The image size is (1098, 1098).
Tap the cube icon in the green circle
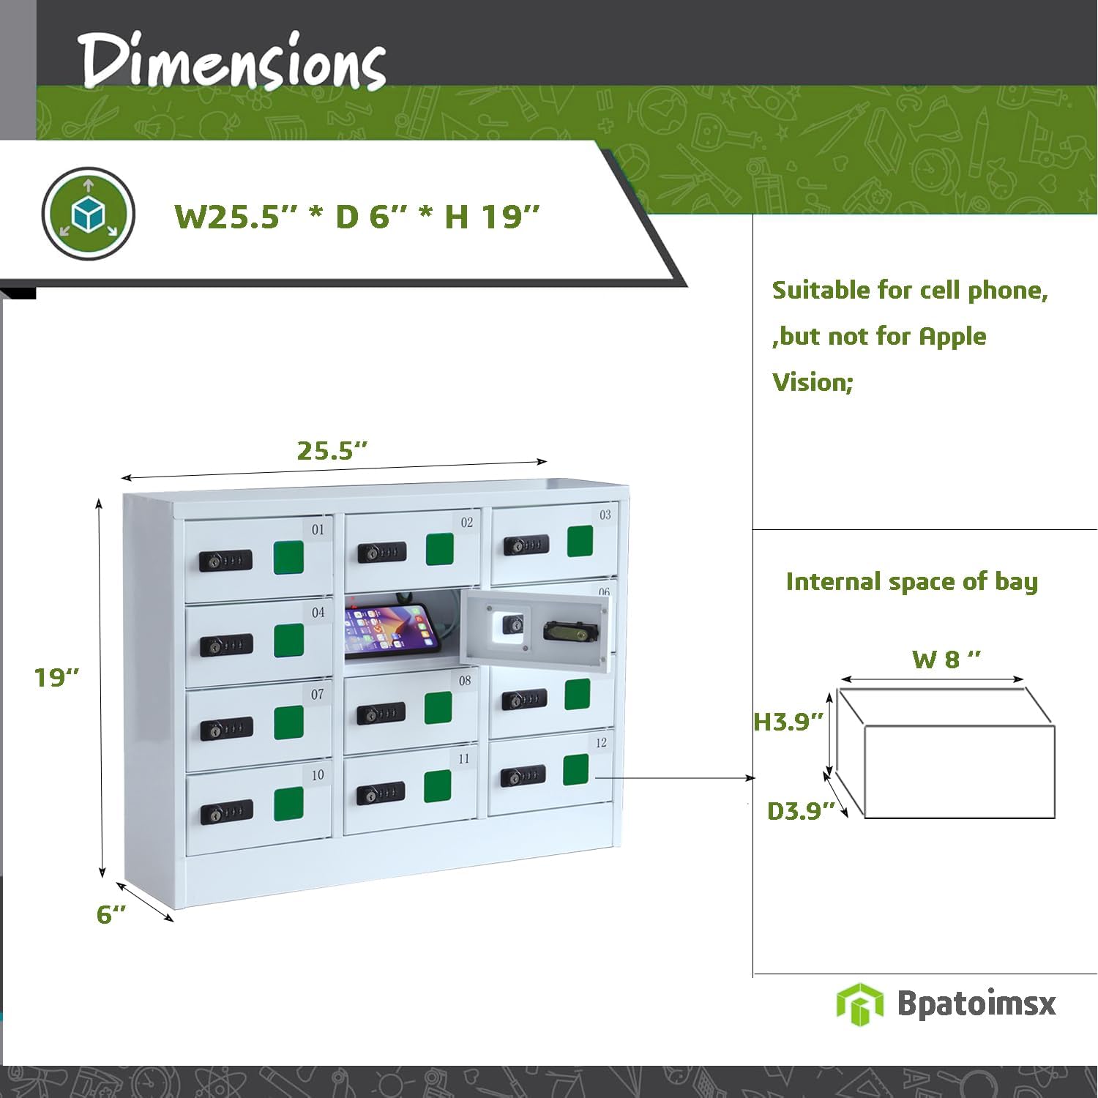(88, 214)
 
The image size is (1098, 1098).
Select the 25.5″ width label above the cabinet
(332, 451)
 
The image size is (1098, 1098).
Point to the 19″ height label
(56, 678)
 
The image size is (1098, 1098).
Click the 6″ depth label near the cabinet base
(111, 914)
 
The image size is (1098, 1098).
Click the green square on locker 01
(288, 558)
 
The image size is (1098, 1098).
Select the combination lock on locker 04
(226, 646)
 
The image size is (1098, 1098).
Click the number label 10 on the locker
(318, 775)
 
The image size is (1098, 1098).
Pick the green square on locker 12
(576, 769)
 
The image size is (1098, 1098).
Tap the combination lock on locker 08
(381, 713)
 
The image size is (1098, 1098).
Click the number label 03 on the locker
(605, 515)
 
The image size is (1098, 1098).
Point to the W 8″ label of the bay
(946, 660)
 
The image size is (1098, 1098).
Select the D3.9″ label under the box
(800, 811)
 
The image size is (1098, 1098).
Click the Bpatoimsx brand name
(976, 1003)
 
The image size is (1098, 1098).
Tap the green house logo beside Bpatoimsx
(859, 1004)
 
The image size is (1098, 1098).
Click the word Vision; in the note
(813, 382)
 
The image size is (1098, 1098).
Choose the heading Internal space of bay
(911, 582)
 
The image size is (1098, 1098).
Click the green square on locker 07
(288, 722)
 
